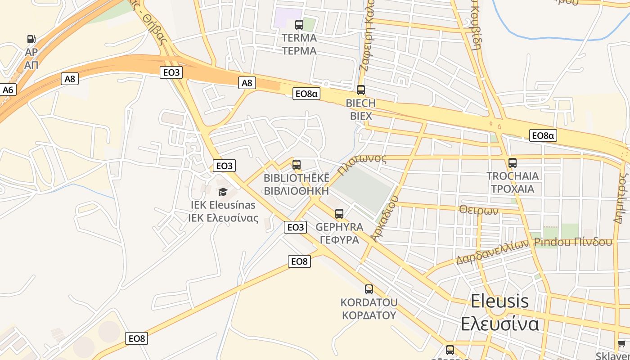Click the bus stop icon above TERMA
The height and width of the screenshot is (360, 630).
tap(299, 24)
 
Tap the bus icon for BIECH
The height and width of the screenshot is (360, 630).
tap(360, 90)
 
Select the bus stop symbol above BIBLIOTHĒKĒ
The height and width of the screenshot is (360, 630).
tap(296, 165)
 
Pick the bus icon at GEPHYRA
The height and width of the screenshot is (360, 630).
tap(339, 213)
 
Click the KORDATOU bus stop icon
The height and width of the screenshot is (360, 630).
tap(369, 289)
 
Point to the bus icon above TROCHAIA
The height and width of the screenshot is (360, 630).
tap(512, 163)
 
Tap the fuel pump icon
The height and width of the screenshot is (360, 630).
tap(31, 40)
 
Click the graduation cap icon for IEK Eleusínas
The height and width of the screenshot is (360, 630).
tap(223, 192)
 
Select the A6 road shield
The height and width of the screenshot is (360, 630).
tap(8, 90)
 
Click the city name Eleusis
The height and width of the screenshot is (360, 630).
tap(499, 301)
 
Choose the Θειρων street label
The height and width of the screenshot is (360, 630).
tap(479, 210)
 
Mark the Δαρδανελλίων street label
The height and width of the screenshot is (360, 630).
tap(492, 252)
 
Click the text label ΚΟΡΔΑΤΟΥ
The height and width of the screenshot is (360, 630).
tap(369, 315)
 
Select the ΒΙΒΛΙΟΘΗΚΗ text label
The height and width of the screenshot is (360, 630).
tap(296, 190)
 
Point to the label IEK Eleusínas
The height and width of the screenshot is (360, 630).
tap(223, 205)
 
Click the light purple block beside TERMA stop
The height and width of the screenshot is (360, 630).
tap(288, 17)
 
